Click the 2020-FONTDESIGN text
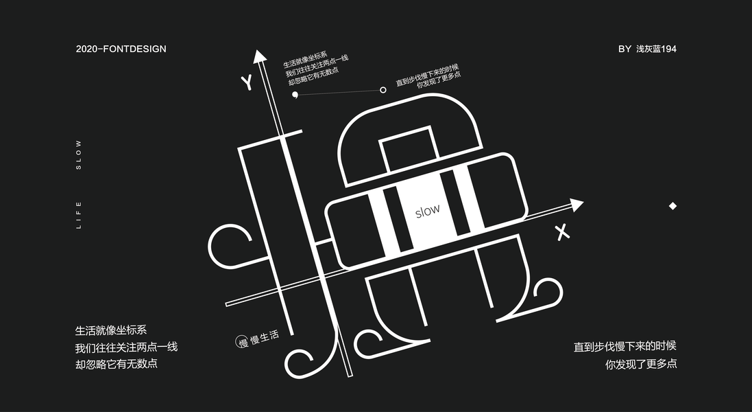pyautogui.click(x=121, y=49)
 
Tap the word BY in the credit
pyautogui.click(x=624, y=49)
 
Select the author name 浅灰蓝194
pyautogui.click(x=656, y=49)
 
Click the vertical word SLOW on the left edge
pyautogui.click(x=79, y=154)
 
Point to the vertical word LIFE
pyautogui.click(x=79, y=214)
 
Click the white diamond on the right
pyautogui.click(x=672, y=206)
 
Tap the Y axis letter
pyautogui.click(x=247, y=83)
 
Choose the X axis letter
pyautogui.click(x=563, y=232)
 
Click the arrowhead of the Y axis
pyautogui.click(x=259, y=56)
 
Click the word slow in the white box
pyautogui.click(x=428, y=211)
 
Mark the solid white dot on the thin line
pyautogui.click(x=295, y=94)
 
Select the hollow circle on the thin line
pyautogui.click(x=383, y=89)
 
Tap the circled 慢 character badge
pyautogui.click(x=242, y=341)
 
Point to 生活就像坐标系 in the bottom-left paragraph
pyautogui.click(x=111, y=330)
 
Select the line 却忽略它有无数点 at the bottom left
pyautogui.click(x=117, y=363)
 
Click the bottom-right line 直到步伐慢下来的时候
pyautogui.click(x=625, y=346)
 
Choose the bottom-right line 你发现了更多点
pyautogui.click(x=641, y=364)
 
